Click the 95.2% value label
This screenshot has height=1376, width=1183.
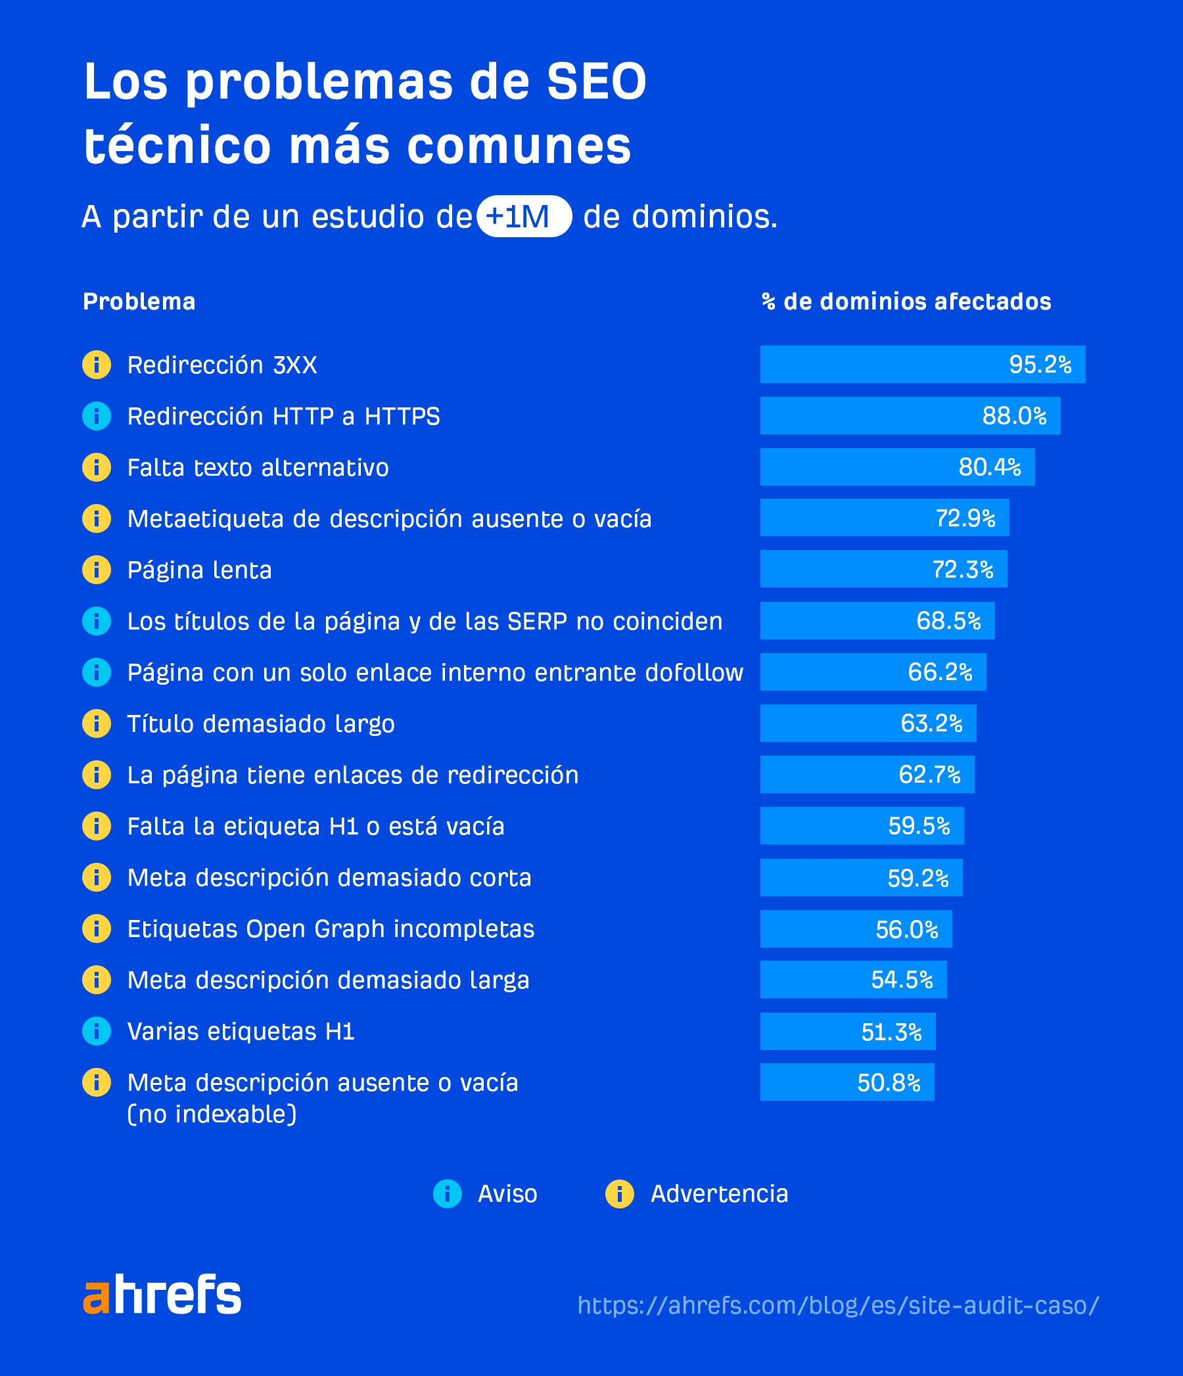1040,365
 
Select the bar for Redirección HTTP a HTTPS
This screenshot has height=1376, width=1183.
910,416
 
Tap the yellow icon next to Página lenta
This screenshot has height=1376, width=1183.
97,570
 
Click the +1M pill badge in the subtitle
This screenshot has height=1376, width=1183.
523,216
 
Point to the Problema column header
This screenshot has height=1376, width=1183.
139,302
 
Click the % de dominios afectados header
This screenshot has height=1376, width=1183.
906,302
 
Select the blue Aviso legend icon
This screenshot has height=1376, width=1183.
447,1193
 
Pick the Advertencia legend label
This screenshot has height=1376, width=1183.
719,1193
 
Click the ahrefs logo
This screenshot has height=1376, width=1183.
162,1295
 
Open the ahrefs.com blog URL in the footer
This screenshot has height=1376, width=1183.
837,1305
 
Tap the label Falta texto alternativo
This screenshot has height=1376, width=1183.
258,467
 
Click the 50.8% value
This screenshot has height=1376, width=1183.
888,1082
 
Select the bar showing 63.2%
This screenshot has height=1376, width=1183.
868,723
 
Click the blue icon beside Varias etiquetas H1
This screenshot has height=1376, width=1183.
97,1031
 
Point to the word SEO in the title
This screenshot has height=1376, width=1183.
596,81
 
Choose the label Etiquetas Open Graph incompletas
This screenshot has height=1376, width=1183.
330,929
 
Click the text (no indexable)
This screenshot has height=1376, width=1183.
212,1114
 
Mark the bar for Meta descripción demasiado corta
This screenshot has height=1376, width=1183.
860,877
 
